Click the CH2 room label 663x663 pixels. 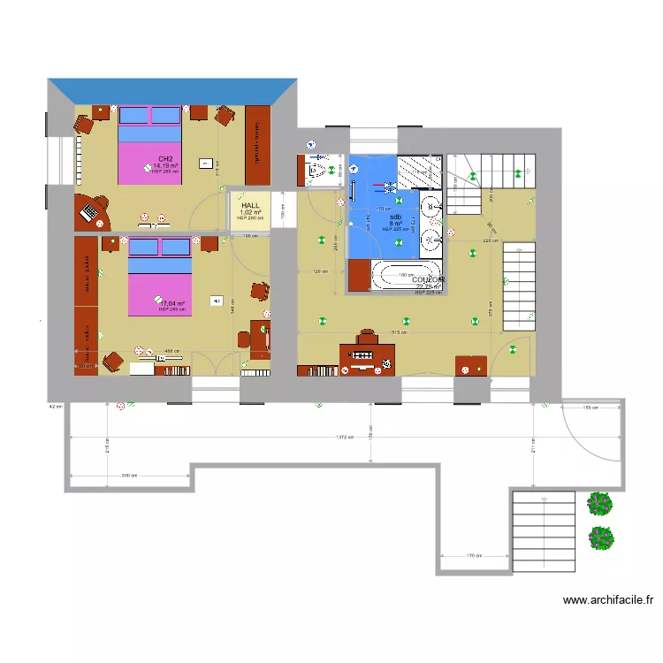[x=165, y=158]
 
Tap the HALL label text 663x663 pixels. [x=251, y=205]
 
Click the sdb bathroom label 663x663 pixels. [x=395, y=217]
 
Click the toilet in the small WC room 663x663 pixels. [x=315, y=171]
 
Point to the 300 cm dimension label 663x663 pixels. [x=129, y=476]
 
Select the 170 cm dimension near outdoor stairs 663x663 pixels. [x=474, y=556]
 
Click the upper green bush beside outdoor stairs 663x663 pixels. [x=600, y=504]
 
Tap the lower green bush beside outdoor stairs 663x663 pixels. [x=602, y=537]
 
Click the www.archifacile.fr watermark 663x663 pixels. [x=609, y=600]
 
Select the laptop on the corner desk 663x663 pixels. [x=90, y=212]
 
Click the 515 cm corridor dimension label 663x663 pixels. [x=400, y=333]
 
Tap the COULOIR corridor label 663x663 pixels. [x=429, y=279]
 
